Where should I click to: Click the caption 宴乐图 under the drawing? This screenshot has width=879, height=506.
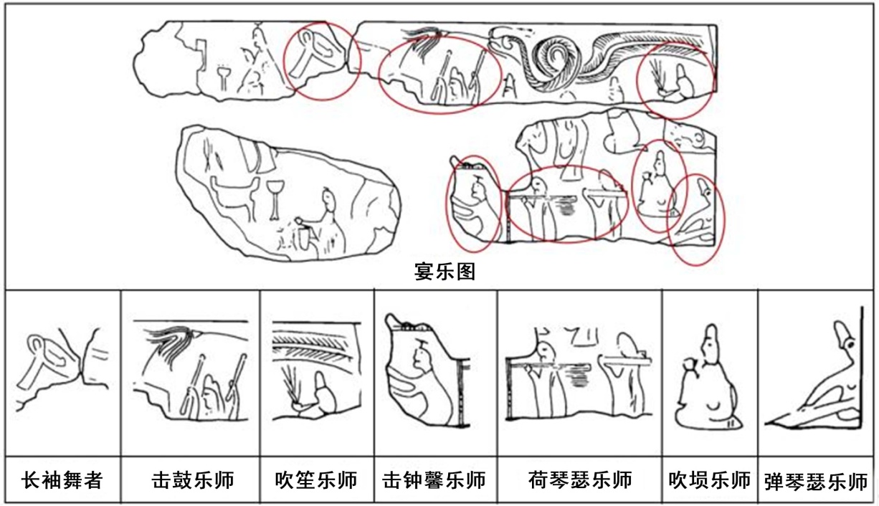click(445, 272)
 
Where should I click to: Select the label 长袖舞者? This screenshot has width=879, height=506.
click(62, 480)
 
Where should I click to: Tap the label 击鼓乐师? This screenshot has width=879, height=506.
click(193, 480)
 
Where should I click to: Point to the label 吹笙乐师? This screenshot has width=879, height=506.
click(316, 480)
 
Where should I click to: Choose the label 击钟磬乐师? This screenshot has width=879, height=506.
click(434, 480)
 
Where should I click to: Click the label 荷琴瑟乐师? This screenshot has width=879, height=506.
click(580, 480)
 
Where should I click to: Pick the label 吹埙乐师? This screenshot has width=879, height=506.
click(710, 480)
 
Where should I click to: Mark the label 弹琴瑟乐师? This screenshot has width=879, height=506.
click(816, 482)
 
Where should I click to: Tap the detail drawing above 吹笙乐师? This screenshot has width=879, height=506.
click(316, 371)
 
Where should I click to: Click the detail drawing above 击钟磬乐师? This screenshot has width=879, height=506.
click(428, 371)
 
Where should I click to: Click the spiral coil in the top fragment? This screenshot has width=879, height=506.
click(554, 63)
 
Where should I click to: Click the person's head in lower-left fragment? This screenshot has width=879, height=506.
click(329, 200)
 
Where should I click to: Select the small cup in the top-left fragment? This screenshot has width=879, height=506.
click(224, 77)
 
